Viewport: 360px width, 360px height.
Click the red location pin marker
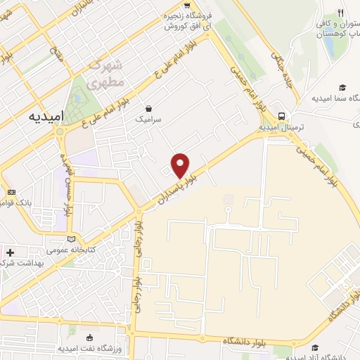coord(181,165)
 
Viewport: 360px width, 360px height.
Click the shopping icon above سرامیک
coord(149,108)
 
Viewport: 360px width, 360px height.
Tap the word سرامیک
coord(148,120)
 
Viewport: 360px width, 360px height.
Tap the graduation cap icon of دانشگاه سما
coord(342,87)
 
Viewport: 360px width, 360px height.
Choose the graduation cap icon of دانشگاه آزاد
coord(314,347)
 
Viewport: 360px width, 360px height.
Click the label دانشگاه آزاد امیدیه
coord(330,355)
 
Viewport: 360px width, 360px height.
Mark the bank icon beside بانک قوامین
coord(11,192)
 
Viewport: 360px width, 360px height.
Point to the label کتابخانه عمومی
coord(70,250)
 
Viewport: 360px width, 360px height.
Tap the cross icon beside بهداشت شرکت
coord(9,251)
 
